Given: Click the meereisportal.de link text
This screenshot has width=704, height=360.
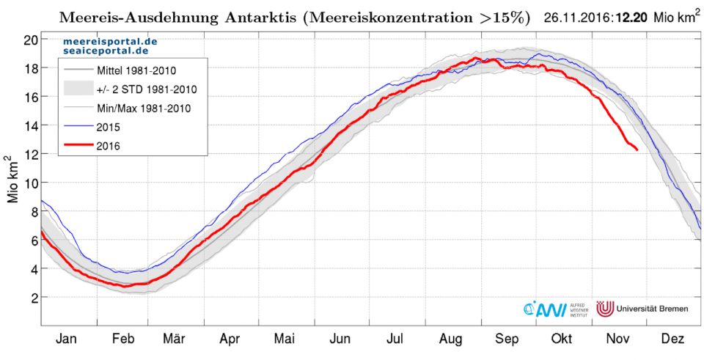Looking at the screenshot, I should pos(110,43).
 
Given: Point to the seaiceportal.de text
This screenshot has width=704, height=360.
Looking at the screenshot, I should pos(105,53).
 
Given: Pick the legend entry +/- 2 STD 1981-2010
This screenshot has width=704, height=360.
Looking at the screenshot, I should pos(147,89).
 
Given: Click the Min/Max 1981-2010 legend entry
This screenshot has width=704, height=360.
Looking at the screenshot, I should pos(143,109).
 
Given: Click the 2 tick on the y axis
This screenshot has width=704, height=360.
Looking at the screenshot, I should pos(32,298).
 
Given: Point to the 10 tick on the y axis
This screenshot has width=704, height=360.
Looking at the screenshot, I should pos(29,183).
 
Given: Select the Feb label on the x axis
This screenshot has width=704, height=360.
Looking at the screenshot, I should pos(122,339).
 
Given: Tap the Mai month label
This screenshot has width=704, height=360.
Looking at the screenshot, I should pos(285,339).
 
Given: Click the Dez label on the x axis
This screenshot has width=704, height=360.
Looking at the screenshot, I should pos(672,339).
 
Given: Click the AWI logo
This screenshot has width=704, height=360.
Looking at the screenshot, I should pos(546,309).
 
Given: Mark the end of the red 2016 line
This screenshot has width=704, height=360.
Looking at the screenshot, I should pos(637,150).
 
